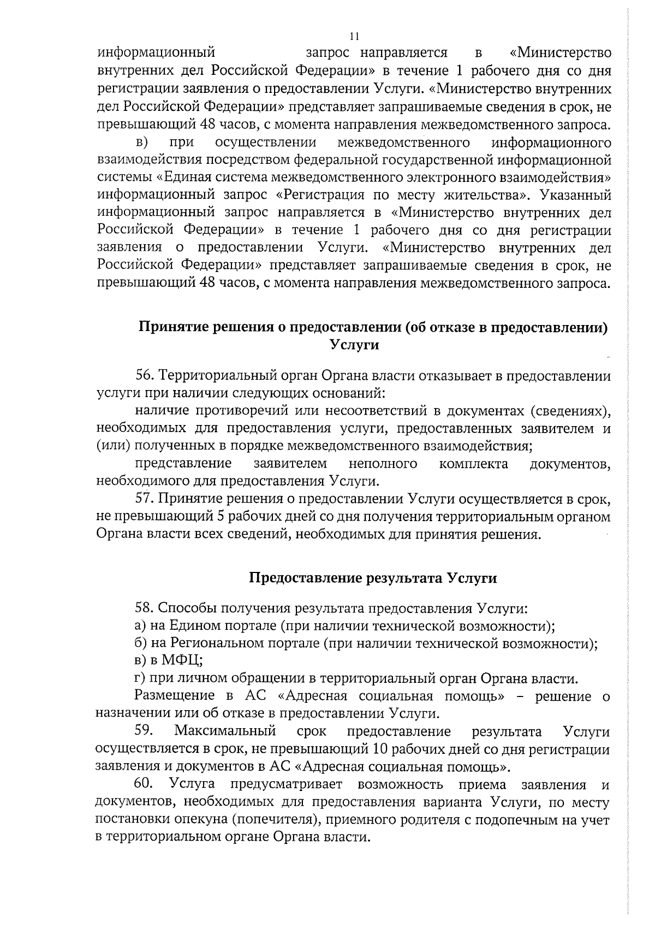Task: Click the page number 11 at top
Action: click(354, 37)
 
